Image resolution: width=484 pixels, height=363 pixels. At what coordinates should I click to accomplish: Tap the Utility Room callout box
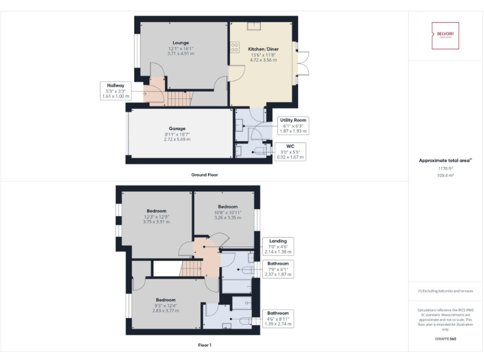[x=294, y=125]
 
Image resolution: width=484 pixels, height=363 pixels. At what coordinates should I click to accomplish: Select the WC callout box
[x=291, y=151]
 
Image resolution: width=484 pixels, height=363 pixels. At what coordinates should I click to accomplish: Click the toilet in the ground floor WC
[x=240, y=151]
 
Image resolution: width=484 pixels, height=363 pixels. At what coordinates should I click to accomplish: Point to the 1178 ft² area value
[x=445, y=169]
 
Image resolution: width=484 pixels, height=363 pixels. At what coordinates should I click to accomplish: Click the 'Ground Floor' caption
[x=205, y=174]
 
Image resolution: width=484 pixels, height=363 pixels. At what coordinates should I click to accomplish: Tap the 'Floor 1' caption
[x=205, y=345]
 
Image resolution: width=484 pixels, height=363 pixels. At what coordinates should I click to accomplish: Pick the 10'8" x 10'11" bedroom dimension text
[x=228, y=214]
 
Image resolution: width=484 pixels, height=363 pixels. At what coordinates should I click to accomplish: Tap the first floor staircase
[x=192, y=268]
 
